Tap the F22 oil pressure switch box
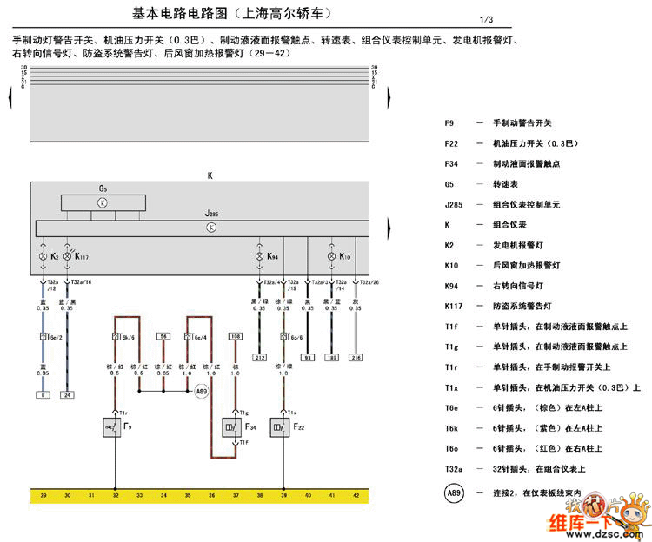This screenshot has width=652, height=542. pyautogui.click(x=283, y=427)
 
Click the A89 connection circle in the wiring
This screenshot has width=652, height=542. pyautogui.click(x=202, y=393)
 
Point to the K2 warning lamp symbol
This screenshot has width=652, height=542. pyautogui.click(x=43, y=257)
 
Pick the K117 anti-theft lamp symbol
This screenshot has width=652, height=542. pyautogui.click(x=67, y=257)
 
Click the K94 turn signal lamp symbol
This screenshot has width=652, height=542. pyautogui.click(x=258, y=257)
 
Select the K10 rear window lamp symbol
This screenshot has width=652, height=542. pyautogui.click(x=330, y=257)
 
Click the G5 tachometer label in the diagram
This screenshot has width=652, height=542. pyautogui.click(x=103, y=188)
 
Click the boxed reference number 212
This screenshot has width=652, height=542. pyautogui.click(x=259, y=358)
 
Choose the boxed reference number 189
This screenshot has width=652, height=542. pyautogui.click(x=331, y=358)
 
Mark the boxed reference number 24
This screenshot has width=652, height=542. pyautogui.click(x=67, y=395)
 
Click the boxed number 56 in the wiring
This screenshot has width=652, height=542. pyautogui.click(x=163, y=335)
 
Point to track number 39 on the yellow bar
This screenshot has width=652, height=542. pyautogui.click(x=283, y=495)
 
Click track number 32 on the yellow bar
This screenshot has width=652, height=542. pyautogui.click(x=115, y=495)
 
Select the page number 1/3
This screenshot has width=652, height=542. pyautogui.click(x=485, y=20)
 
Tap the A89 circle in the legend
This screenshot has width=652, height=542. pyautogui.click(x=454, y=492)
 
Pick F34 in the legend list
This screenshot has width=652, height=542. pyautogui.click(x=450, y=163)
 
